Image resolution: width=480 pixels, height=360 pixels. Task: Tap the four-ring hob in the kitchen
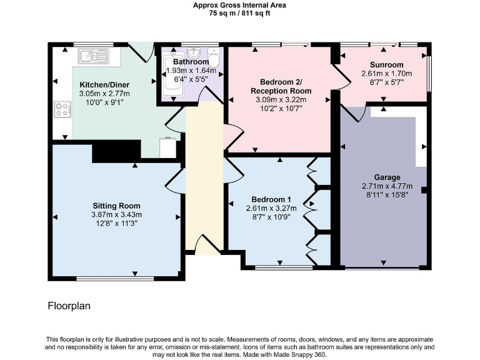[x=62, y=110]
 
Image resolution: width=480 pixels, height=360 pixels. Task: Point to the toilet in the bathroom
[x=214, y=61]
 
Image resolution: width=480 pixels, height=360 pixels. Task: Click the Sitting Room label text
[x=116, y=206]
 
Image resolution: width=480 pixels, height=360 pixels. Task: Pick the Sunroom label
[x=386, y=64]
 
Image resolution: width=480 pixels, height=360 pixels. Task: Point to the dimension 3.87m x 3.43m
[x=116, y=214]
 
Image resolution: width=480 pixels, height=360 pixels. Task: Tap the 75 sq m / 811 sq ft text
[x=240, y=13]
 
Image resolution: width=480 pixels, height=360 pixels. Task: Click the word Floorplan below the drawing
[x=70, y=306]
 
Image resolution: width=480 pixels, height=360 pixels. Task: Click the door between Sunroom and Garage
[x=355, y=112]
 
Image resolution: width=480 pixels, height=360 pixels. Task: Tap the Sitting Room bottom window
[x=116, y=277]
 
